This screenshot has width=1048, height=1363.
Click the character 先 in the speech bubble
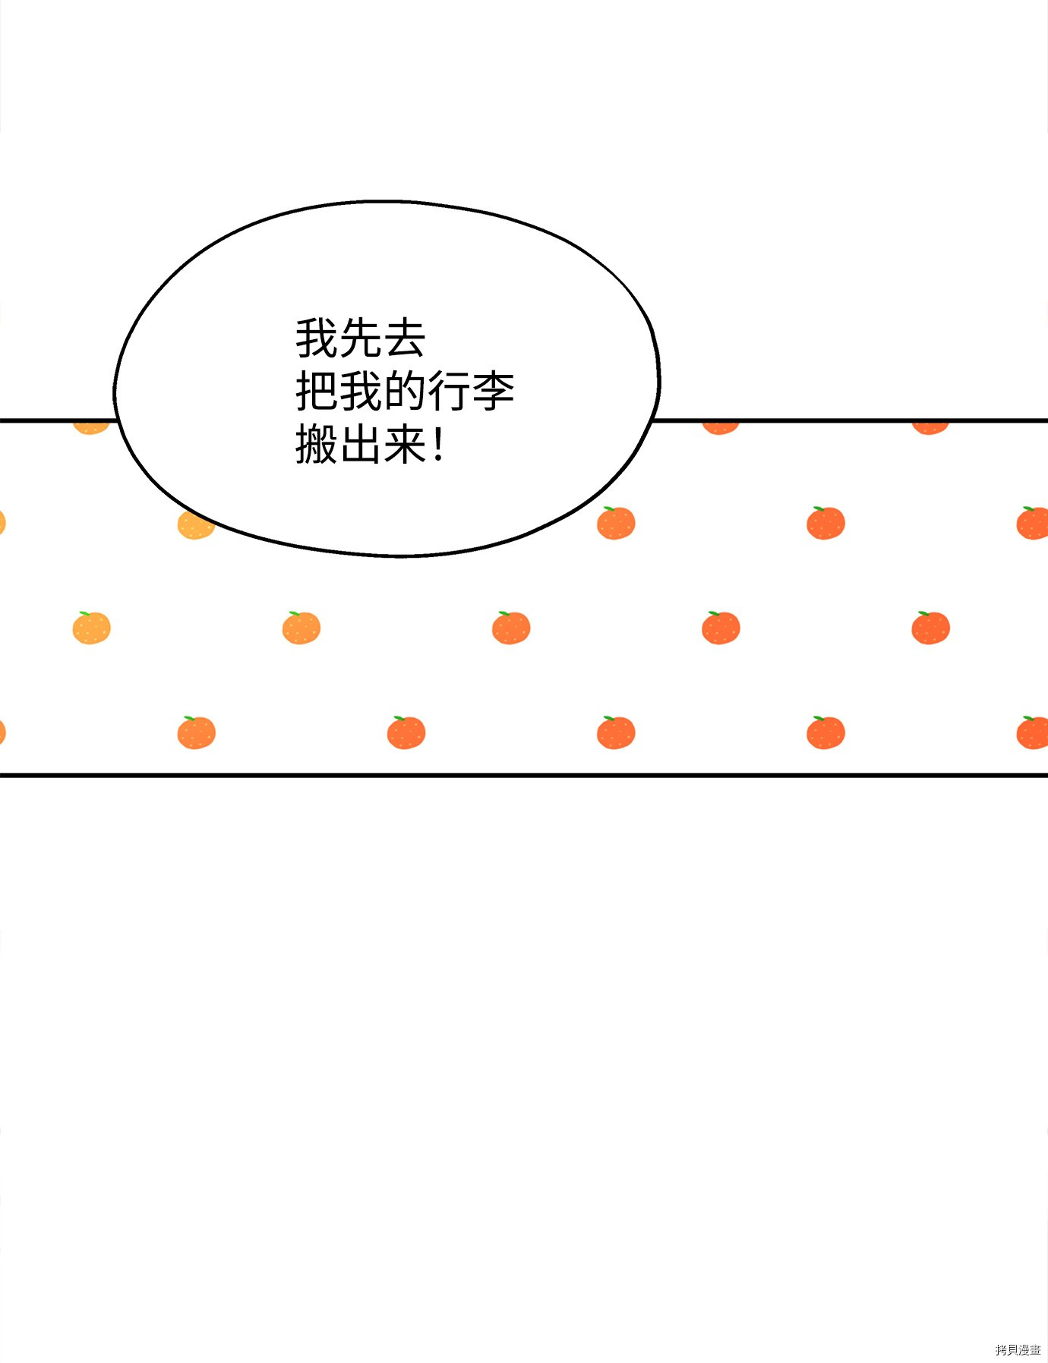pyautogui.click(x=361, y=338)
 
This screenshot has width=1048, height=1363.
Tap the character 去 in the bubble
pyautogui.click(x=405, y=338)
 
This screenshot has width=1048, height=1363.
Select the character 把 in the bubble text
pyautogui.click(x=317, y=392)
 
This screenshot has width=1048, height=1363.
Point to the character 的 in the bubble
pyautogui.click(x=405, y=392)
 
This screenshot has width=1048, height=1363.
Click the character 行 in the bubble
pyautogui.click(x=450, y=392)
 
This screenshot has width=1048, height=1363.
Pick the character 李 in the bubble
pyautogui.click(x=494, y=392)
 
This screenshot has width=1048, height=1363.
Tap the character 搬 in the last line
pyautogui.click(x=317, y=445)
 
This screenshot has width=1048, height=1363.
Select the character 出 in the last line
pyautogui.click(x=361, y=445)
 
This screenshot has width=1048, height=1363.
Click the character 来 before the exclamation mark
pyautogui.click(x=405, y=445)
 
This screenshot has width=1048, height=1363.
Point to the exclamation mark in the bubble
pyautogui.click(x=438, y=445)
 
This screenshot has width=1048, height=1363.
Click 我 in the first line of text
pyautogui.click(x=317, y=338)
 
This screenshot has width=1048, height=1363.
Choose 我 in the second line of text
pyautogui.click(x=361, y=392)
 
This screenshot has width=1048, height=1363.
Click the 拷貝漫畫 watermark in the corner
pyautogui.click(x=1018, y=1350)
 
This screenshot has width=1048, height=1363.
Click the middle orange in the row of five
pyautogui.click(x=511, y=628)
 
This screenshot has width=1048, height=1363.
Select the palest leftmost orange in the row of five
pyautogui.click(x=91, y=628)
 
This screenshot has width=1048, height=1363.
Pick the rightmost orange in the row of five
pyautogui.click(x=930, y=628)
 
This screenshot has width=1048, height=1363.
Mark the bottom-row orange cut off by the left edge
pyautogui.click(x=2, y=732)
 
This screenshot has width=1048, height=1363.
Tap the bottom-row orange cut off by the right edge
pyautogui.click(x=1034, y=732)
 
